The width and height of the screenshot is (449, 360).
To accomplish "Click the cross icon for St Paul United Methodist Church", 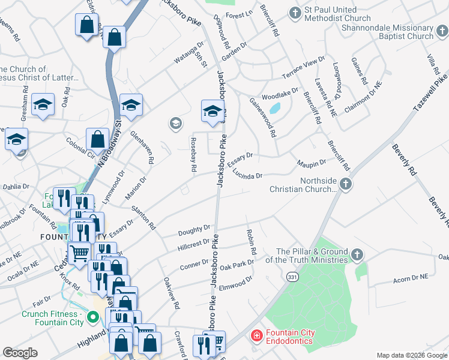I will pos(295,13).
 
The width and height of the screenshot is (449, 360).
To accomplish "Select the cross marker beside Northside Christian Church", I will pos(345,185).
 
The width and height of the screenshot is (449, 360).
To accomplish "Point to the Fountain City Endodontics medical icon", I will pos(256,337).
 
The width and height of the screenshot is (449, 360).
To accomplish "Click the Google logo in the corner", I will pos(20,353).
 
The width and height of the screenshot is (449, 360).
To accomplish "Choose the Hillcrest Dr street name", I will pos(194,244).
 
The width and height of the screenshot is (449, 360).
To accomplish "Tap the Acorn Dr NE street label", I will pos(411,278).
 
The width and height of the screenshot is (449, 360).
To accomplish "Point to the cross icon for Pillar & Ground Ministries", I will pos(358,255).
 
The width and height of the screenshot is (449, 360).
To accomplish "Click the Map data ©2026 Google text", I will pos(411,355).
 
